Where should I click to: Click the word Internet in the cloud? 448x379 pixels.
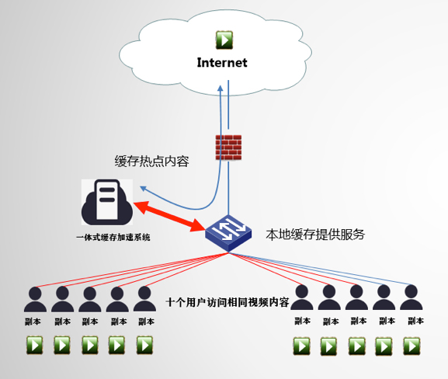[x=222, y=63]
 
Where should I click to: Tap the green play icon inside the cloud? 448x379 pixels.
[x=224, y=40]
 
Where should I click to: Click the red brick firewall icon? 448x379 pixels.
[x=228, y=148]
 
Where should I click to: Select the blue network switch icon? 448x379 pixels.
[x=228, y=233]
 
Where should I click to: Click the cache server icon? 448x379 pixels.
[x=107, y=202]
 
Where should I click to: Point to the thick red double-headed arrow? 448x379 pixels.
[x=169, y=216]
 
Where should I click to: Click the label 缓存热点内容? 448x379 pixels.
[x=151, y=162]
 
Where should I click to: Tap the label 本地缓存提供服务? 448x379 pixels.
[x=315, y=235]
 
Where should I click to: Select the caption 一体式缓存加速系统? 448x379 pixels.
[x=113, y=237]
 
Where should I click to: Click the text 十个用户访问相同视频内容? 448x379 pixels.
[x=227, y=302]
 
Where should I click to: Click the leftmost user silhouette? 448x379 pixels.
[x=35, y=299]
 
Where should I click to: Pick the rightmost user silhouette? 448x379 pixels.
[x=412, y=297]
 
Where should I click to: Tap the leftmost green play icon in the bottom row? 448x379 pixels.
[x=35, y=346]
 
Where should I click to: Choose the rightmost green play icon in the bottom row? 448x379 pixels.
[x=412, y=346]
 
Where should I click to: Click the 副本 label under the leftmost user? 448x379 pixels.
[x=33, y=322]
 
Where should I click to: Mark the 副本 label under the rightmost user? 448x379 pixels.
[x=415, y=321]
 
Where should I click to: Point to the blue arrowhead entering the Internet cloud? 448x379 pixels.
[x=220, y=89]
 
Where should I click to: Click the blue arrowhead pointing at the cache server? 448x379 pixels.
[x=143, y=189]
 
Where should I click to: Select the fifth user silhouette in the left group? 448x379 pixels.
[x=144, y=299]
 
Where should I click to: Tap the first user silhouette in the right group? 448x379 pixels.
[x=302, y=297]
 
